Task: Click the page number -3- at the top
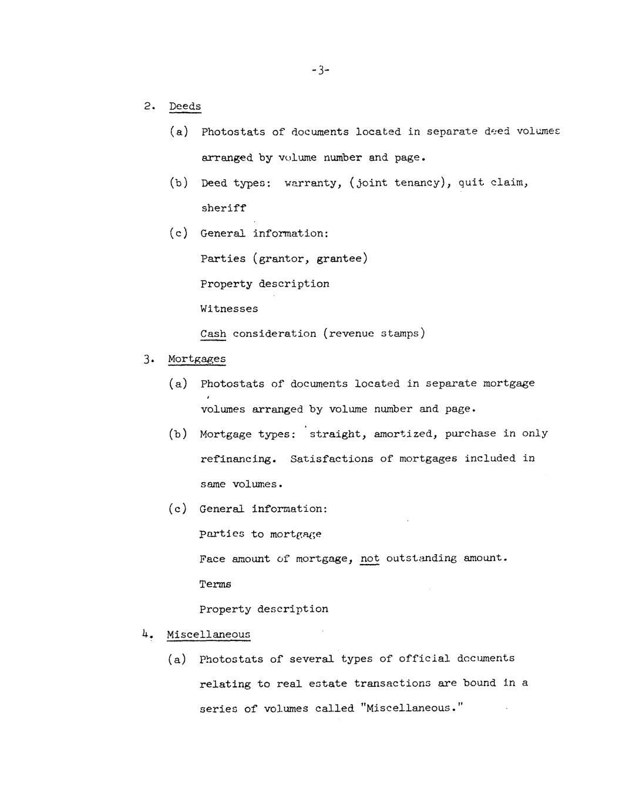(x=321, y=70)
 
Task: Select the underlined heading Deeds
(x=185, y=106)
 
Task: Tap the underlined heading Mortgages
(x=197, y=359)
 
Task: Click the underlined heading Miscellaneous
(x=208, y=634)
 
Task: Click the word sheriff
(x=223, y=208)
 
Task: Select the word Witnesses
(x=229, y=309)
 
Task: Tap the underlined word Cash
(x=213, y=334)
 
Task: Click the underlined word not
(x=369, y=558)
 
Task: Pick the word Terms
(x=216, y=584)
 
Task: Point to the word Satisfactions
(x=331, y=458)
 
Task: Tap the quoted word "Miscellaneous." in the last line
(x=412, y=708)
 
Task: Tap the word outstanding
(x=421, y=558)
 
